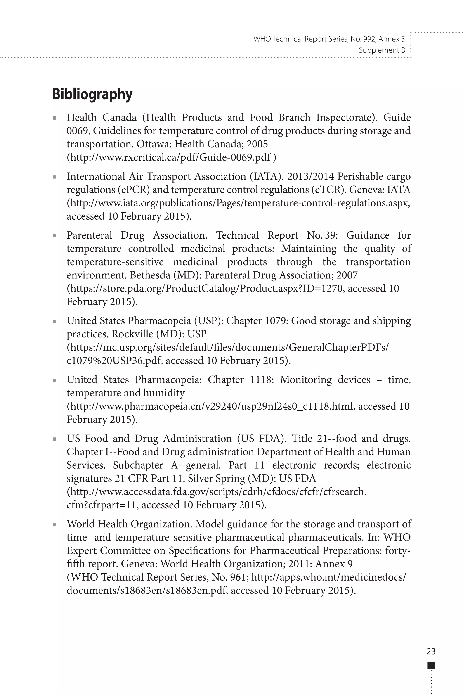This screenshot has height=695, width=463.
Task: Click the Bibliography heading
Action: point(92,95)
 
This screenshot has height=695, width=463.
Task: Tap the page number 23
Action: point(431,651)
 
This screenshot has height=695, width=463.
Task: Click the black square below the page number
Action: point(431,665)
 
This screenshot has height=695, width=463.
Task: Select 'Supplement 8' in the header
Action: point(382,50)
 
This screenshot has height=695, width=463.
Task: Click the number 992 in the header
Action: point(368,39)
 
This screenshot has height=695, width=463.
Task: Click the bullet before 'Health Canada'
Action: point(54,118)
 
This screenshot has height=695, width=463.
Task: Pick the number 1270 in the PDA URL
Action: point(332,289)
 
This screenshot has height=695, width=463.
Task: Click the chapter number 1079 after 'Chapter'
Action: point(275,321)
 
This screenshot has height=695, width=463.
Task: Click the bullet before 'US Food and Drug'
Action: point(54,439)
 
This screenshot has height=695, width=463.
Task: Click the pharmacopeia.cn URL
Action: point(211,406)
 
